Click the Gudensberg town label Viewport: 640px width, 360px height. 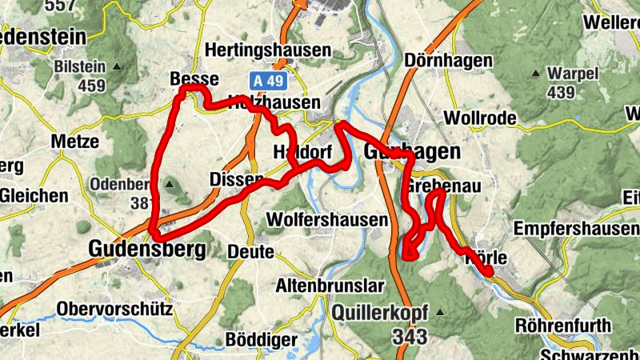[x=147, y=250]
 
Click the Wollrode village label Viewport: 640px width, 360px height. [x=479, y=118]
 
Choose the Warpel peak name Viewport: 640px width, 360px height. [x=573, y=74]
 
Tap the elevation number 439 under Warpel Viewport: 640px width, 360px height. [x=561, y=92]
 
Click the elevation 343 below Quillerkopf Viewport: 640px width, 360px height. [x=410, y=337]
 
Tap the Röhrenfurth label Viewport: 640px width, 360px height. [x=564, y=326]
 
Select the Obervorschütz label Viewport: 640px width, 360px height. [x=114, y=309]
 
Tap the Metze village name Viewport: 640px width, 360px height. [x=74, y=142]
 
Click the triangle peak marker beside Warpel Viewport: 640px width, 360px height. [x=536, y=74]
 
